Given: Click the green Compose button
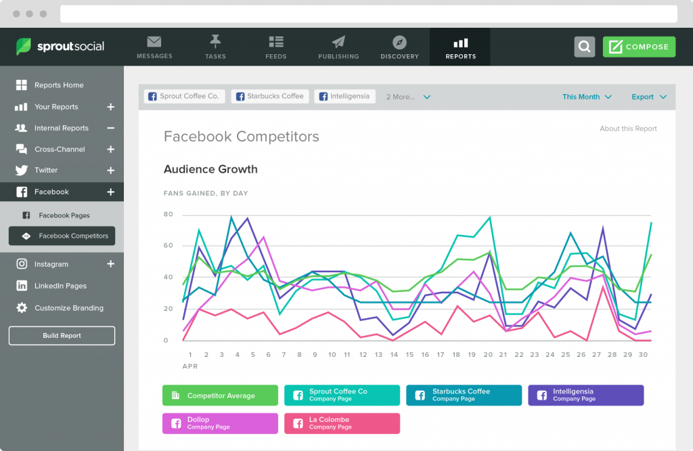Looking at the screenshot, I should click(639, 47).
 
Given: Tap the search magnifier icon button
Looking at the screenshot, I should click(585, 47).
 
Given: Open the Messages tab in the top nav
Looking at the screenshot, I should click(154, 47).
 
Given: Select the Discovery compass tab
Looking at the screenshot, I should click(399, 47).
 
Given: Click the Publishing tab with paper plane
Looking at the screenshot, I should click(338, 47).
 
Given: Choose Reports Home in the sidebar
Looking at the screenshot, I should click(59, 85).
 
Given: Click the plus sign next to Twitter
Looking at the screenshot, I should click(111, 171).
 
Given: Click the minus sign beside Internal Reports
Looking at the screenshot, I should click(111, 128).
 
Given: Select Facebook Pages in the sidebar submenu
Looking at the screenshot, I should click(64, 215).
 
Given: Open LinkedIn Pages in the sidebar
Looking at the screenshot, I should click(60, 286).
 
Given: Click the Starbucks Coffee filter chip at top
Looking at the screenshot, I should click(269, 96).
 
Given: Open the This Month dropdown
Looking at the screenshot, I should click(587, 97).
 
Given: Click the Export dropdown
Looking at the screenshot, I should click(648, 97).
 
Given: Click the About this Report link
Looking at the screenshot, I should click(628, 129).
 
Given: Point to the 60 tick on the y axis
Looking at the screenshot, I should click(169, 246).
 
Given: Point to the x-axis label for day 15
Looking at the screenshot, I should click(409, 355).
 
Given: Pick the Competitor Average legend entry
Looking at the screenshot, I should click(220, 395).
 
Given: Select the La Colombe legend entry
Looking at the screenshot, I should click(342, 423).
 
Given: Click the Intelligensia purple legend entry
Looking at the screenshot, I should click(585, 395).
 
